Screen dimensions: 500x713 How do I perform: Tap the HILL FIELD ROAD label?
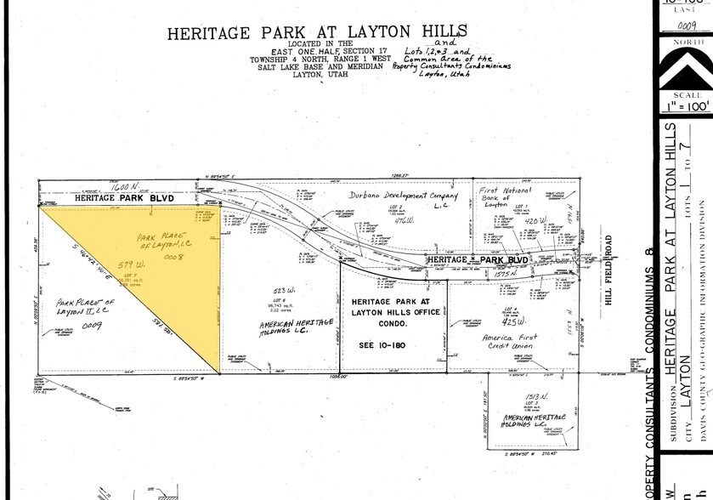point(609,277)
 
